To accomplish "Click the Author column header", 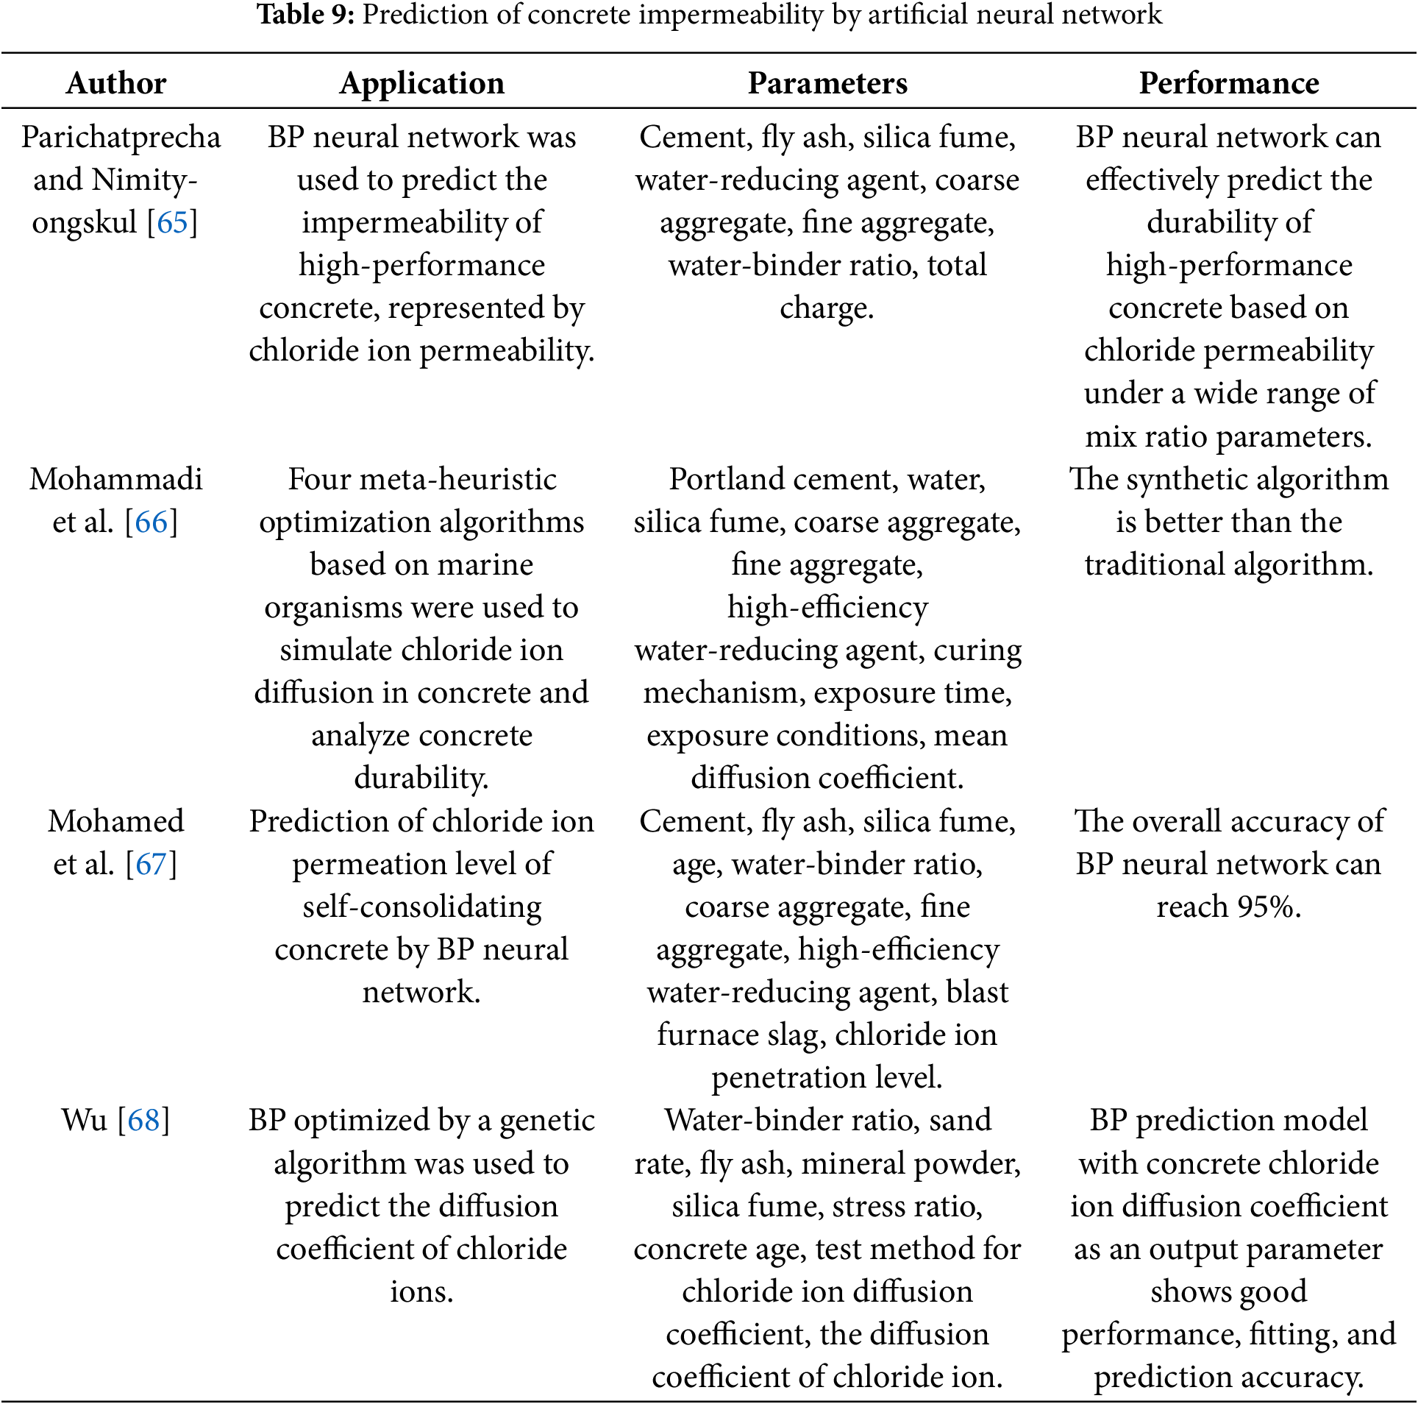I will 116,83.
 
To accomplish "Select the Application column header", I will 421,83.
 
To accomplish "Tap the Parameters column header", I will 827,83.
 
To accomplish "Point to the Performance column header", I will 1228,83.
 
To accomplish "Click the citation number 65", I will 172,222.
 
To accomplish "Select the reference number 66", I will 152,522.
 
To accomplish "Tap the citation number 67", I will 152,864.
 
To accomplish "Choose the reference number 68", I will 143,1120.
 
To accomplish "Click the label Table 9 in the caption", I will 305,15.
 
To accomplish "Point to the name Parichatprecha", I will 121,137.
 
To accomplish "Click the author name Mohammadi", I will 116,479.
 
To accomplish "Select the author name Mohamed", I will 116,821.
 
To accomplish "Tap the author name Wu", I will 84,1120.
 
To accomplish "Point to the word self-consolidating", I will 422,907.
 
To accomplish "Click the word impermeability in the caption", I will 730,15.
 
